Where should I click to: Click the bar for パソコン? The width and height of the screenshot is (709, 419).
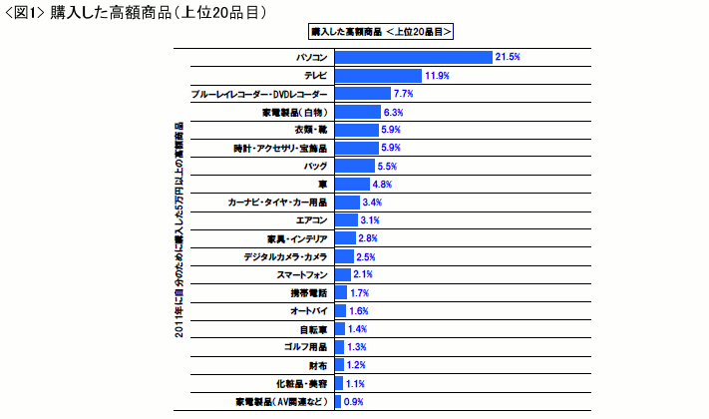coord(413,58)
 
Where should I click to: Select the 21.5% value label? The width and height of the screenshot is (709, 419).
coord(509,58)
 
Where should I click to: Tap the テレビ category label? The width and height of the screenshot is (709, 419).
coord(317,76)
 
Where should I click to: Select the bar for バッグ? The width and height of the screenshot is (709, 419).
coord(354,166)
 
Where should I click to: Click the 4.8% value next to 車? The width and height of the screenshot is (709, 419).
coord(381,185)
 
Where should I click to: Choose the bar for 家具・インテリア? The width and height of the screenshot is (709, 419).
coord(345,238)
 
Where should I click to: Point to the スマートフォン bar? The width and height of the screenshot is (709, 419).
coord(342,274)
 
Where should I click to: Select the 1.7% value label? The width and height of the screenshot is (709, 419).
coord(359,293)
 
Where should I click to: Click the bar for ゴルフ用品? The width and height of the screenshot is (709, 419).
coord(339,347)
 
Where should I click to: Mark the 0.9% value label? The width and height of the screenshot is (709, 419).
coord(353,402)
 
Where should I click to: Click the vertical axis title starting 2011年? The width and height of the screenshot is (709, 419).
coord(178,230)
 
